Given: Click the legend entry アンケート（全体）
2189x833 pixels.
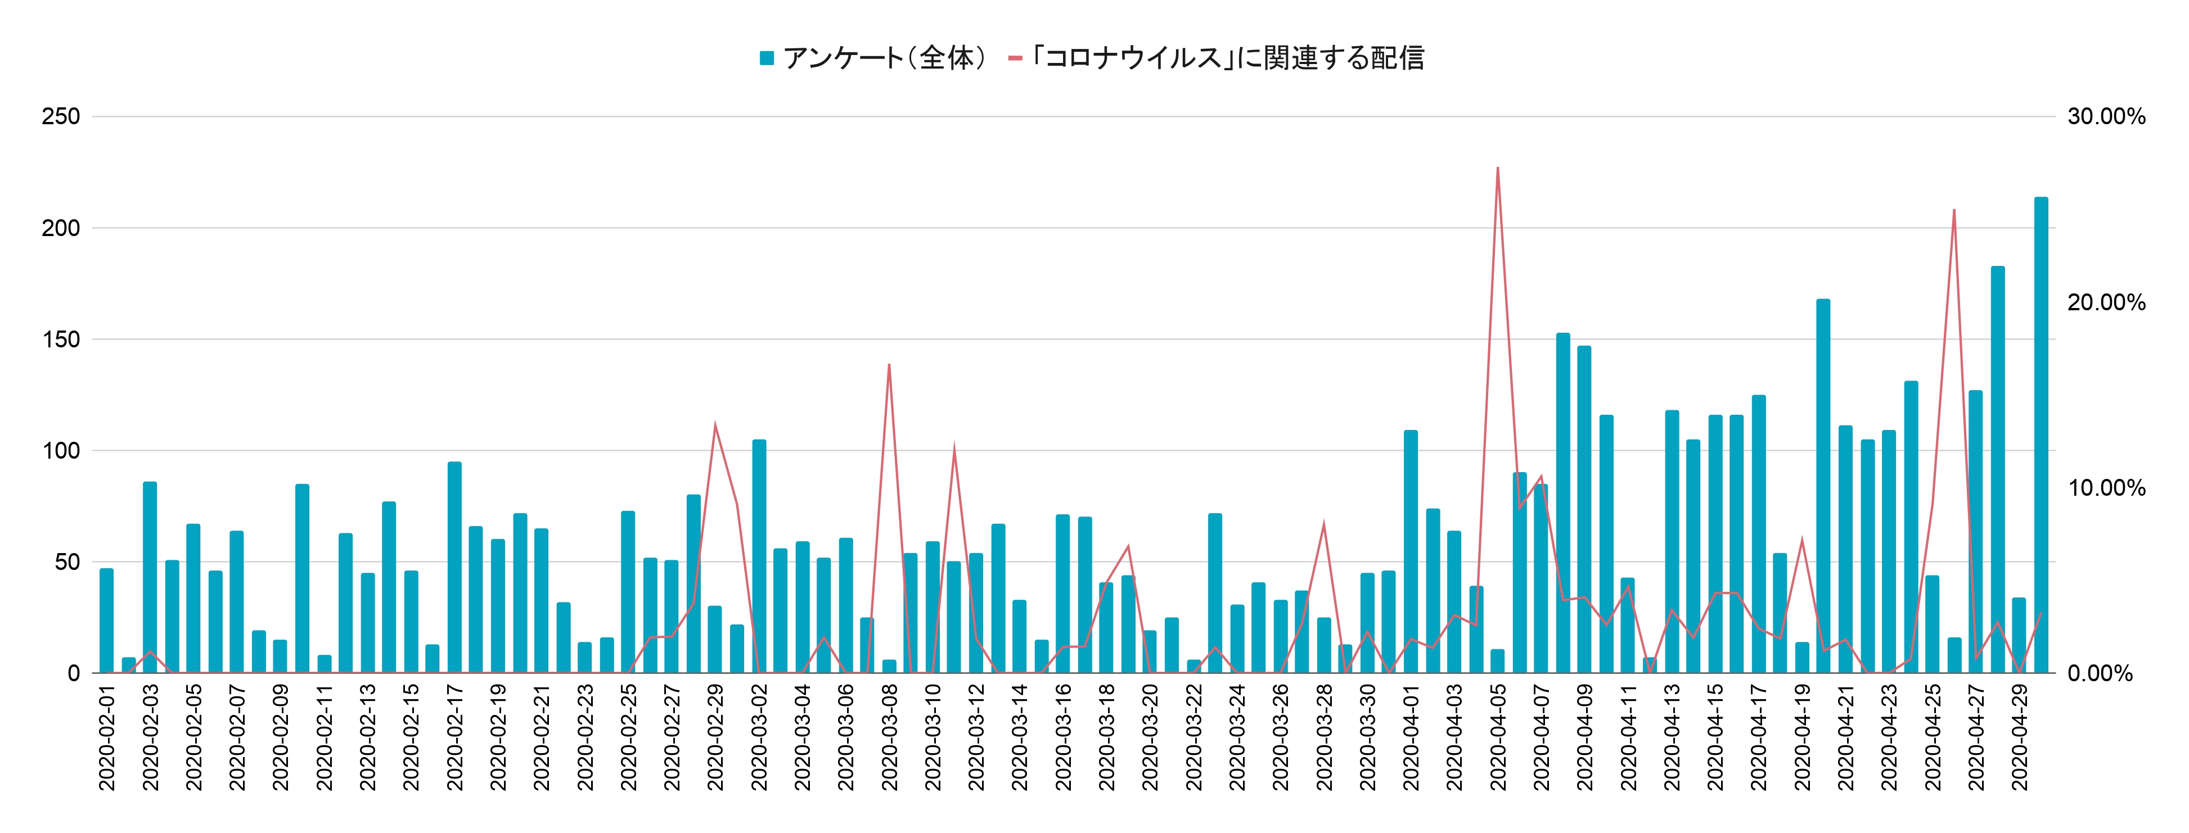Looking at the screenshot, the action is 873,58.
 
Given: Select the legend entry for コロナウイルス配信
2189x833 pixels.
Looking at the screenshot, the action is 1216,58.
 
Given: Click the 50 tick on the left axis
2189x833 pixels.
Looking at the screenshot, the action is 67,562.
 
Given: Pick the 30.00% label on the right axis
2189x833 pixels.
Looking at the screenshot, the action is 2106,116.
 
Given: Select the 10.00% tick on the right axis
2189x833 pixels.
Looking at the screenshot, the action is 2106,488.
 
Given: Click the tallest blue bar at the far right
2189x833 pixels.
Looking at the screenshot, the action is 2041,436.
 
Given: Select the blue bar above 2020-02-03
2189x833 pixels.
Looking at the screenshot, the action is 150,577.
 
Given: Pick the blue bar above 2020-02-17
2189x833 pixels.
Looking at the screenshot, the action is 454,567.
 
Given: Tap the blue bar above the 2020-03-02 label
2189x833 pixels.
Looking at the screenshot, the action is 759,556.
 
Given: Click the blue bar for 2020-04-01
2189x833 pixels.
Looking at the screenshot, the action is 1411,552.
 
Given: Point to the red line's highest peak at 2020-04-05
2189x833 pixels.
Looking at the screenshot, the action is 1497,167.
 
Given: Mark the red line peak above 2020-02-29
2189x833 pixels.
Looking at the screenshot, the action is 715,424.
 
